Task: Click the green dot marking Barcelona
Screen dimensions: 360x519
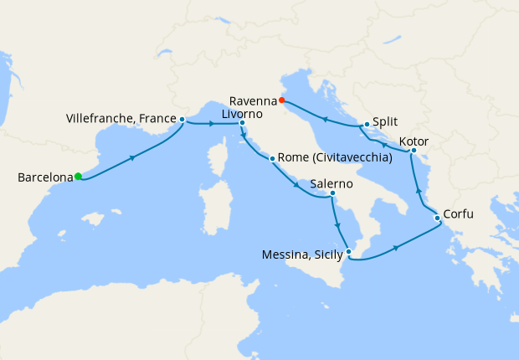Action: click(x=78, y=177)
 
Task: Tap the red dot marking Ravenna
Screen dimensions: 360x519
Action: click(x=282, y=100)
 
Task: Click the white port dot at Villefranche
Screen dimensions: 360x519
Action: click(x=182, y=120)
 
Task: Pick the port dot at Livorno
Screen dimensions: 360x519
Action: click(x=242, y=124)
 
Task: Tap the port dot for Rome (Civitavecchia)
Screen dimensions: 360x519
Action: click(x=272, y=157)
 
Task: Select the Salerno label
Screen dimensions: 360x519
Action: click(x=331, y=183)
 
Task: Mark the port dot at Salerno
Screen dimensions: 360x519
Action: click(x=332, y=193)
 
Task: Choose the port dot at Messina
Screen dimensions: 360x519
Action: click(x=349, y=252)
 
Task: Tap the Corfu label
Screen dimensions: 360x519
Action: click(x=459, y=214)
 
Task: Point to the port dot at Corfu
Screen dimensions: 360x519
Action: click(x=437, y=219)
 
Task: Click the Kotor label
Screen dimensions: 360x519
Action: click(x=415, y=141)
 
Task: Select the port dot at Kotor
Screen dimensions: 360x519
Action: click(x=414, y=151)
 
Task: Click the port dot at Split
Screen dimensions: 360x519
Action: click(x=367, y=125)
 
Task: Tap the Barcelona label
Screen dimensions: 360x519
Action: click(x=44, y=177)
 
